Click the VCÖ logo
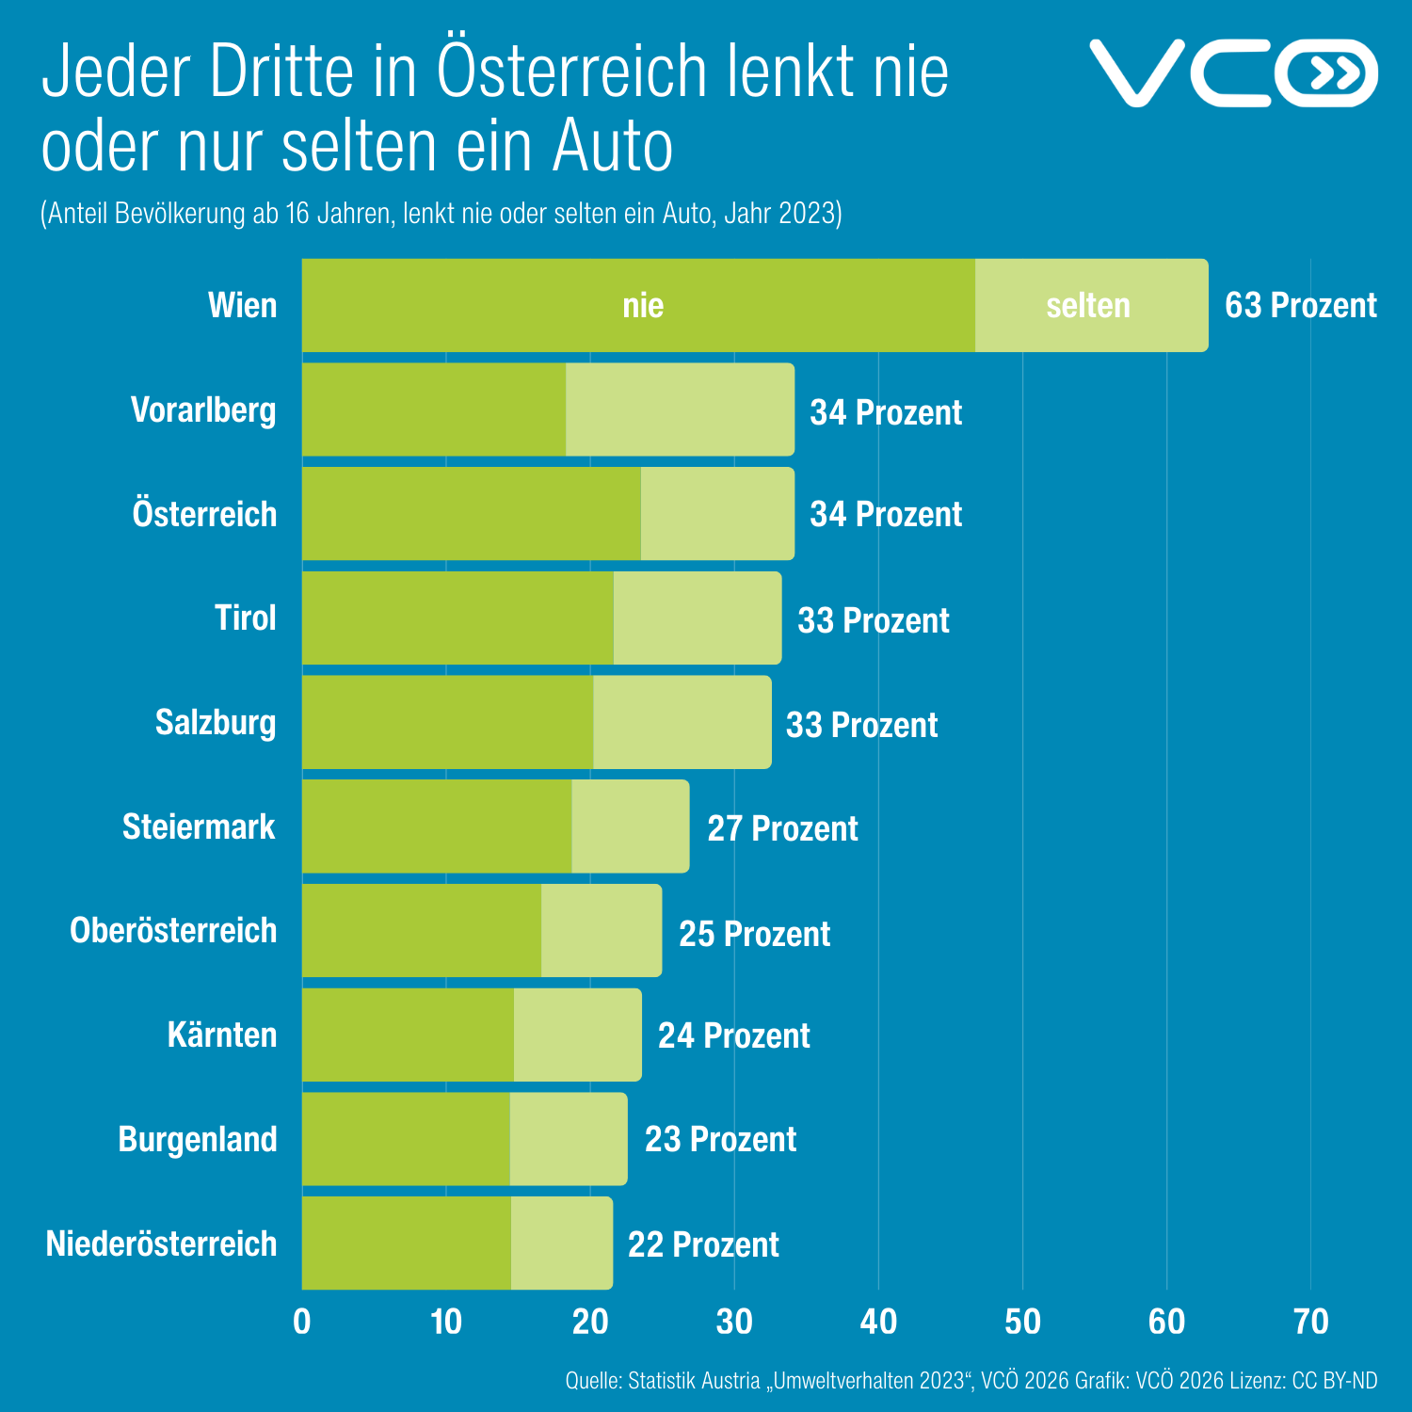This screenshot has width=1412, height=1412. coord(1233,72)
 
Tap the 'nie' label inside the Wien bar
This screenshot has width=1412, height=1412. coord(643,306)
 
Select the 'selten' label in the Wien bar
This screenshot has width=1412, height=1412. coord(1088,306)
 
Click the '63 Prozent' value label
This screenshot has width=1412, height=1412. coord(1300,306)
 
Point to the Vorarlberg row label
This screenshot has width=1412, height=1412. coord(203,410)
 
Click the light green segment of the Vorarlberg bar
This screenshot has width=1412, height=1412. coord(680,410)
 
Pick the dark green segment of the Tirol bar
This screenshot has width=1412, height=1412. coord(457,618)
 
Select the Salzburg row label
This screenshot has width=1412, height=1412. coord(216,723)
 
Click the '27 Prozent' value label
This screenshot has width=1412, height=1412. coord(782,828)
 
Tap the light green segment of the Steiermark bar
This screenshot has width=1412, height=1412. coord(630,826)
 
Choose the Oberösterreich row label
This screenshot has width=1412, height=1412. coord(173,931)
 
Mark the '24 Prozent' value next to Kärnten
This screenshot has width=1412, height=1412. coord(733,1035)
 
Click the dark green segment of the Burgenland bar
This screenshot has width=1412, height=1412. coord(406,1139)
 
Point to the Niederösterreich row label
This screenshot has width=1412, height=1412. coord(162,1244)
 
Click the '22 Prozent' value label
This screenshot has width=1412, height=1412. coord(703,1244)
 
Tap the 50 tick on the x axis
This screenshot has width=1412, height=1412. coord(1022,1323)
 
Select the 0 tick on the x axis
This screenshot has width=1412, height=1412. coord(302,1323)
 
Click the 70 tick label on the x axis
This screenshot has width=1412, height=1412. coord(1310,1323)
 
